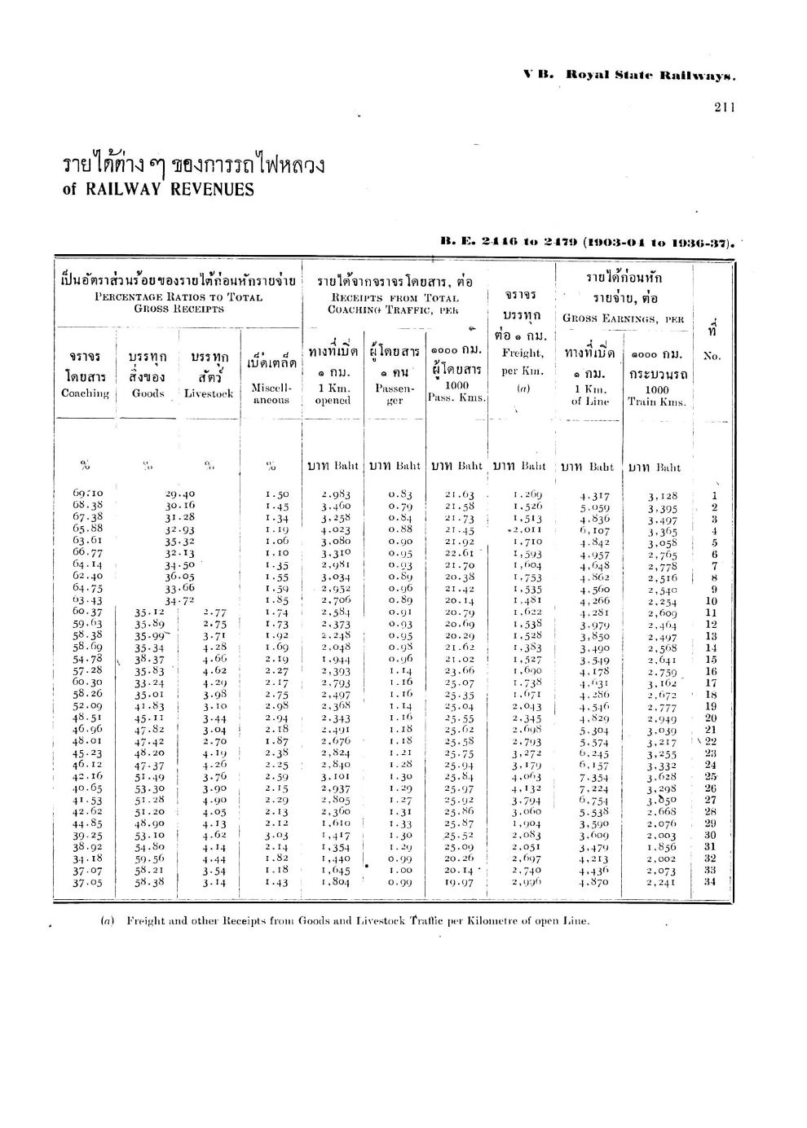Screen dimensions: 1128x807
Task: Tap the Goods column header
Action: click(148, 393)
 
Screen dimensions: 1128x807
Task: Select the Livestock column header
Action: click(209, 393)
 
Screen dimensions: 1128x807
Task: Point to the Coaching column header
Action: click(85, 393)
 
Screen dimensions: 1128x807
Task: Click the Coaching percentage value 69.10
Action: click(87, 494)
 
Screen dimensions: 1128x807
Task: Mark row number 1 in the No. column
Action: click(714, 494)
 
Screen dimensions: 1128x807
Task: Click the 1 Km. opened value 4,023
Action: click(335, 529)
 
